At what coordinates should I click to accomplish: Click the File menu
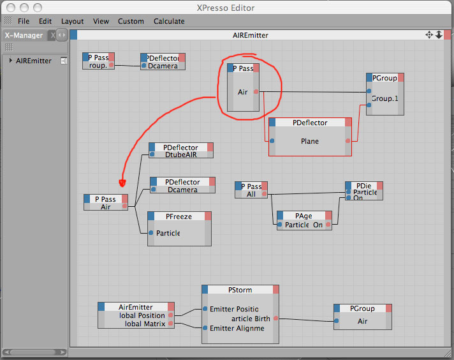point(24,21)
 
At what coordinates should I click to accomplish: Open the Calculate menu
point(169,21)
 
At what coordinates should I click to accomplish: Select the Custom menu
point(131,21)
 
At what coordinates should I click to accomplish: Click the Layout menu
point(73,21)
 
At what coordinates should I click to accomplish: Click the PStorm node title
point(240,290)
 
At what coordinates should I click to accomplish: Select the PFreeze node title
point(179,216)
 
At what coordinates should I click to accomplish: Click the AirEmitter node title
point(136,307)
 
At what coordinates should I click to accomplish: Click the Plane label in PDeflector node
point(310,141)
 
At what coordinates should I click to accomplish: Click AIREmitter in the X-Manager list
point(34,61)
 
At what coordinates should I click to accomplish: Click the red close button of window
point(10,8)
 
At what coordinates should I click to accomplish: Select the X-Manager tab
point(24,36)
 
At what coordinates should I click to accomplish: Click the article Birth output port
point(275,318)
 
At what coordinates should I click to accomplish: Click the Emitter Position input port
point(205,309)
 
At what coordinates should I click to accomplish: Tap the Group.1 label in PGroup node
point(384,99)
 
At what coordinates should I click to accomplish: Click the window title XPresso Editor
point(226,8)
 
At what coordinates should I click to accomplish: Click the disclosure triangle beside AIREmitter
point(10,61)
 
